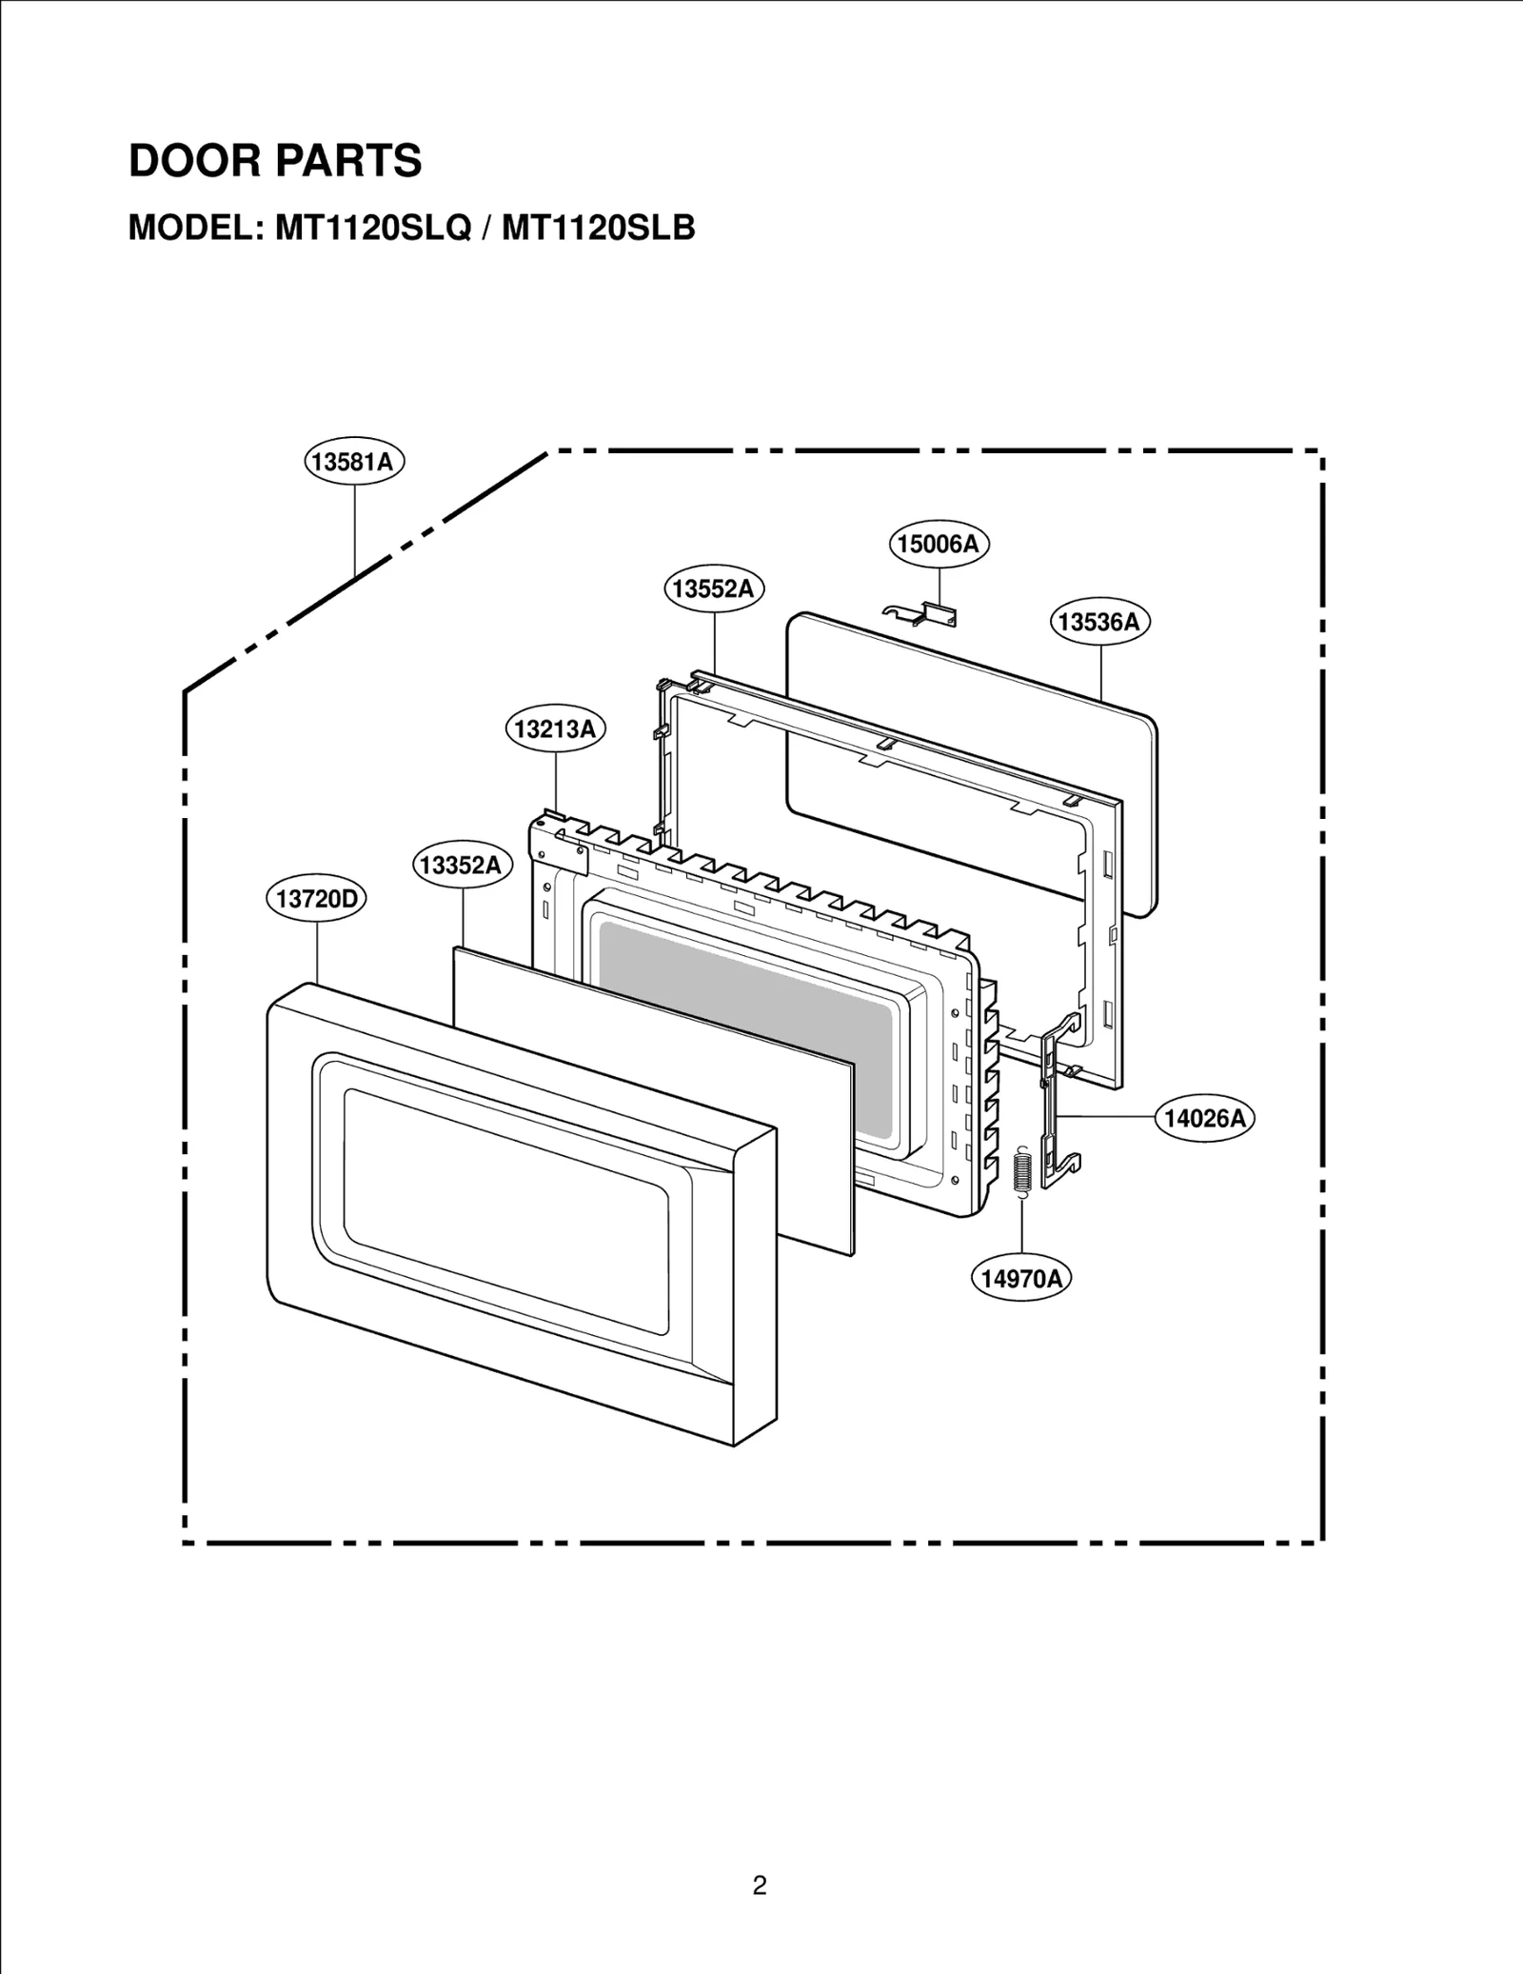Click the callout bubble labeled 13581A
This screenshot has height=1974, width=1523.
click(x=354, y=462)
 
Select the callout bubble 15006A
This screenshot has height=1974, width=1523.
click(x=939, y=544)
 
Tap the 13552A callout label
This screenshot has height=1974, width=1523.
click(x=713, y=588)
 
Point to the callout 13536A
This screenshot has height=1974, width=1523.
click(x=1099, y=622)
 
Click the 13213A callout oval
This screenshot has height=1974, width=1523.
click(x=554, y=729)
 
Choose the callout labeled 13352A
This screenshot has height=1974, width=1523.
click(x=462, y=865)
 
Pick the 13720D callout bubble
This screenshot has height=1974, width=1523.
click(x=315, y=898)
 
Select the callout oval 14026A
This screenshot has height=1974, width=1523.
click(x=1204, y=1118)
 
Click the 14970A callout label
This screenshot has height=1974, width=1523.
click(x=1020, y=1278)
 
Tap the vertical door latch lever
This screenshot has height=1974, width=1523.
click(x=1057, y=1105)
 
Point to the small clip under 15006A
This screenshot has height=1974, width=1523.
click(x=923, y=615)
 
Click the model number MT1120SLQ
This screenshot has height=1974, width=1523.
click(x=373, y=229)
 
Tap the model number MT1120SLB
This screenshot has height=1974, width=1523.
click(x=598, y=229)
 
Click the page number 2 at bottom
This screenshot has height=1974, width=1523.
click(x=759, y=1884)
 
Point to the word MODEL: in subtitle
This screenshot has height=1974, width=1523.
click(x=195, y=229)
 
